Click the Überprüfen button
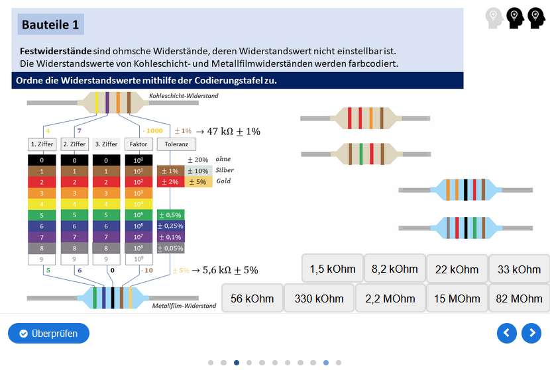(x=48, y=334)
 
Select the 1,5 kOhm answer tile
(x=332, y=269)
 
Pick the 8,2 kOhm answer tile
(x=394, y=269)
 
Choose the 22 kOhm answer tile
(x=457, y=269)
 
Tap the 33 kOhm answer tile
(x=519, y=269)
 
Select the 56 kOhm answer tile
(x=252, y=299)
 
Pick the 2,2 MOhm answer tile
(x=390, y=299)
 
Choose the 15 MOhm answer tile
(x=457, y=299)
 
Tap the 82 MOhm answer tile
(x=519, y=299)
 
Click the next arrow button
(x=531, y=333)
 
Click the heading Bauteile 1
(x=50, y=25)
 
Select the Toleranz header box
(x=176, y=144)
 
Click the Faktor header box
(x=138, y=144)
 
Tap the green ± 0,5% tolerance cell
(x=170, y=214)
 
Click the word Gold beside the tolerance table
(x=224, y=181)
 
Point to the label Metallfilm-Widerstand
(x=184, y=306)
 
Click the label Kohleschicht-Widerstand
(x=184, y=96)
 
